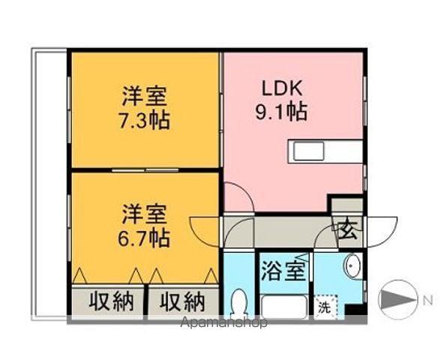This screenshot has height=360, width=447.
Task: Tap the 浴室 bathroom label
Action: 284,271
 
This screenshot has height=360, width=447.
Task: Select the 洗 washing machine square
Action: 325,307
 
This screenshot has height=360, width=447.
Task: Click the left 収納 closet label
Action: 112,301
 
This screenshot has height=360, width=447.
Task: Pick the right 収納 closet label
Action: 183,301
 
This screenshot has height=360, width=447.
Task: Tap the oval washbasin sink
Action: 352,265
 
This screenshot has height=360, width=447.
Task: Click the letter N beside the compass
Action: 427,301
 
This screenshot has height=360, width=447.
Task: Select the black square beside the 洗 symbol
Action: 352,309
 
